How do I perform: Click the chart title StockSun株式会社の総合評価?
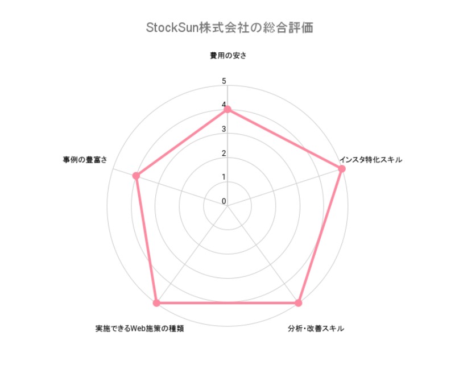(x=230, y=27)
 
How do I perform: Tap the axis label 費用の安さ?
(x=228, y=55)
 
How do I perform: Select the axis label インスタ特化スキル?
(x=371, y=160)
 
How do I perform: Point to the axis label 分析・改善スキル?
(x=316, y=329)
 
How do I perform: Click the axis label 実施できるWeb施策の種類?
(x=139, y=329)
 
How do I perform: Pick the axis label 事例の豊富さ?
(x=85, y=160)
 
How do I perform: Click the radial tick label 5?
(x=224, y=81)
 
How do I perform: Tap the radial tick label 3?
(x=224, y=129)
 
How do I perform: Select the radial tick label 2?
(x=224, y=153)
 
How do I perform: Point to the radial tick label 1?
(x=224, y=177)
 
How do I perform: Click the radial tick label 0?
(x=224, y=201)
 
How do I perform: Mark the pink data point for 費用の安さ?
(x=227, y=109)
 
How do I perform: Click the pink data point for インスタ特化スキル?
(x=342, y=169)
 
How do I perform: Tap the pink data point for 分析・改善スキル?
(x=298, y=303)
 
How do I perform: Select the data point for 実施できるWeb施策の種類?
(x=157, y=303)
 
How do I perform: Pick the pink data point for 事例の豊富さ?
(x=136, y=176)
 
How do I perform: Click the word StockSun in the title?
(x=172, y=27)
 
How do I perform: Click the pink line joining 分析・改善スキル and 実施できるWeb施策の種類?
(x=227, y=303)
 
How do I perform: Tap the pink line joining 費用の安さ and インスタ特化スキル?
(x=285, y=139)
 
